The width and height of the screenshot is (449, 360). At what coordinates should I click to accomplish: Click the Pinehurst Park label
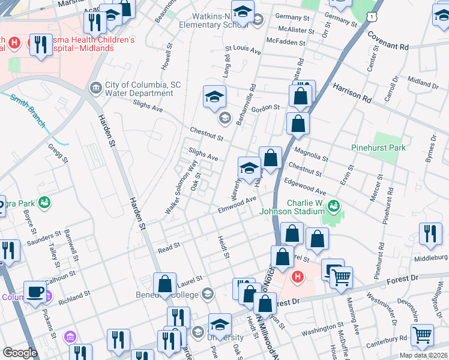click(378, 148)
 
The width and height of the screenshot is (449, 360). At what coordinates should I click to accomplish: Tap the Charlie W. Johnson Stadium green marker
click(335, 206)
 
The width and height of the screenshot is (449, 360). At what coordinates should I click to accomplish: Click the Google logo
click(20, 353)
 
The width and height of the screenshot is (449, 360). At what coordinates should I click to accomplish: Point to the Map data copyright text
click(423, 355)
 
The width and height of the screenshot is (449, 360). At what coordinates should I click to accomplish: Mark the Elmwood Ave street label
click(238, 205)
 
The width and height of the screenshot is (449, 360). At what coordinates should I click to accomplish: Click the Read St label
click(169, 247)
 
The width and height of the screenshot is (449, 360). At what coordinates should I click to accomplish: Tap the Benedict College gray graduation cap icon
click(207, 293)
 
